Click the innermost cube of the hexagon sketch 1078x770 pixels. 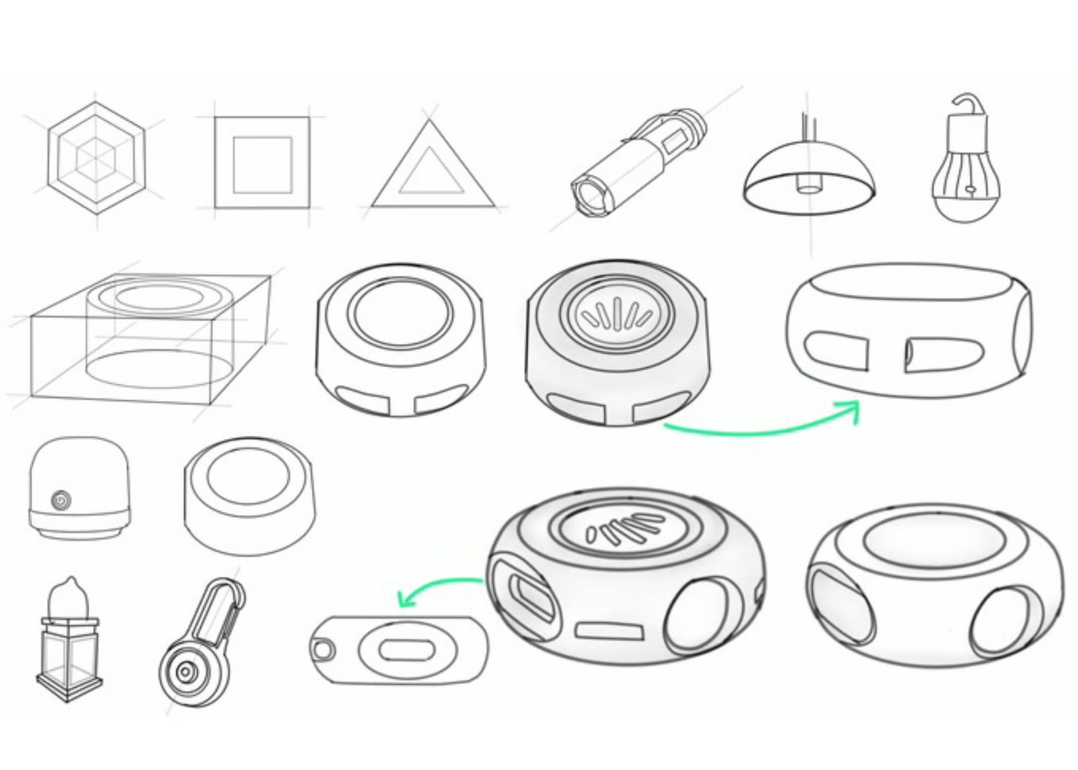pos(96,157)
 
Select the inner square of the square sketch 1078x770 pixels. pos(262,164)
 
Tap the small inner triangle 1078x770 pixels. pos(431,173)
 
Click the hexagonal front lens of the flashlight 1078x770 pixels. pos(589,198)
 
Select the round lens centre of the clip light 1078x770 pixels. pos(185,672)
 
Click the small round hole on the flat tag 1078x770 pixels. pos(322,649)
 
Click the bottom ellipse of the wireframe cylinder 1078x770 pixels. pos(159,368)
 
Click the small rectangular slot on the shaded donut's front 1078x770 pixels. pos(609,630)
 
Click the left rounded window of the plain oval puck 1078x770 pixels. pos(835,350)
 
